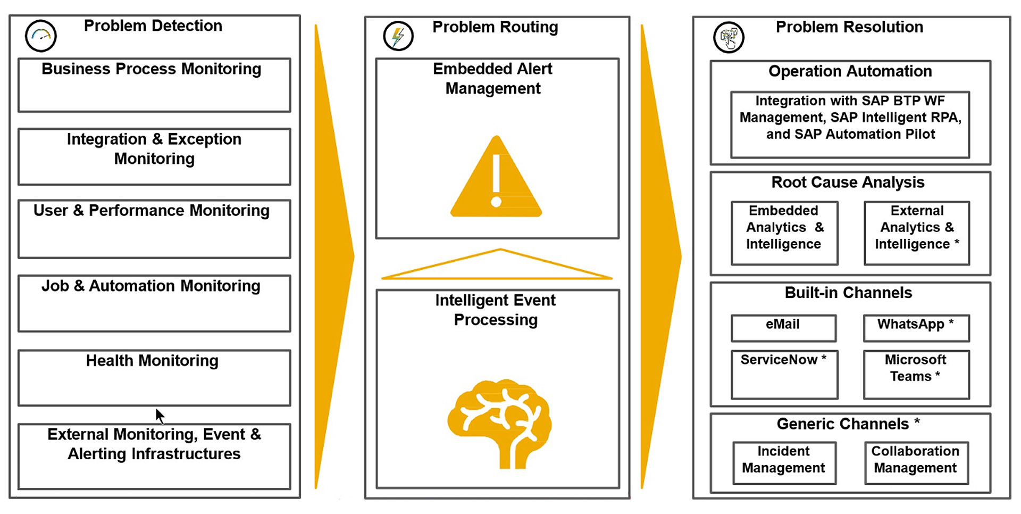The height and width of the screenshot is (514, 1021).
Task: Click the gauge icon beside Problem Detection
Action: [x=41, y=36]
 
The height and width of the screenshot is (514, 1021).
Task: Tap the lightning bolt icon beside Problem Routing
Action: [x=398, y=36]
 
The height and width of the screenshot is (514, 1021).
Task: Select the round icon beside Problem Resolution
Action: [x=729, y=37]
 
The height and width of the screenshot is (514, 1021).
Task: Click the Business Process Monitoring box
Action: [x=154, y=85]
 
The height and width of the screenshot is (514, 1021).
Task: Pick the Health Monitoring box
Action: [x=154, y=378]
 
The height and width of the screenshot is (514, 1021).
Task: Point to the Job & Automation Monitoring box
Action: [x=154, y=303]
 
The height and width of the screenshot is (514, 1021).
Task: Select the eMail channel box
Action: [x=783, y=328]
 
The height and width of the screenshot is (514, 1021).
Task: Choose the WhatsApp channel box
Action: [x=916, y=328]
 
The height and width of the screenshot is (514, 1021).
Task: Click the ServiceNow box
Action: [x=784, y=374]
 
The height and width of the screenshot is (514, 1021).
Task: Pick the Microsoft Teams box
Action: [x=916, y=374]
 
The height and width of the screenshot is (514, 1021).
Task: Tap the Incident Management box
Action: [x=784, y=462]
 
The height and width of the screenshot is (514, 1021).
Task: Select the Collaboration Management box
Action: [x=916, y=462]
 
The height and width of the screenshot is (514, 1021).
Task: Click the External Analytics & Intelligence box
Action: [x=916, y=233]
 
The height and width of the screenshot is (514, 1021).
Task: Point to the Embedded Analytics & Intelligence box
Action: [x=784, y=233]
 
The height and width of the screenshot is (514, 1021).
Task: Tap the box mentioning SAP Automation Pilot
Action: [x=850, y=125]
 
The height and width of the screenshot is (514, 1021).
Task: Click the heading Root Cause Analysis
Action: [x=848, y=183]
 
